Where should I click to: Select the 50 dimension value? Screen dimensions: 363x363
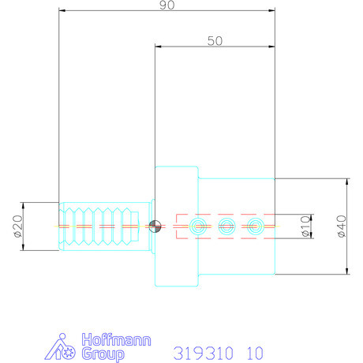click(214, 41)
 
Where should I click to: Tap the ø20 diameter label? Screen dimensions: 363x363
click(17, 226)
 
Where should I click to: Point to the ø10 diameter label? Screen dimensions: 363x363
click(306, 226)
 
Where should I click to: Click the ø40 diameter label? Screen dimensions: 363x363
click(341, 226)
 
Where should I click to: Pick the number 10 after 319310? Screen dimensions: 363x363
click(254, 352)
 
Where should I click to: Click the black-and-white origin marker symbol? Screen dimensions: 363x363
click(155, 226)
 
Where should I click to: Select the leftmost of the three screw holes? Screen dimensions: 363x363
click(196, 226)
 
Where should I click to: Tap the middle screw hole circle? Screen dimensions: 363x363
click(226, 226)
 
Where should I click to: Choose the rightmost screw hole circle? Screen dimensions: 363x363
click(254, 226)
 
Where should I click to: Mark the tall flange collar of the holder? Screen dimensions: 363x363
click(175, 226)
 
